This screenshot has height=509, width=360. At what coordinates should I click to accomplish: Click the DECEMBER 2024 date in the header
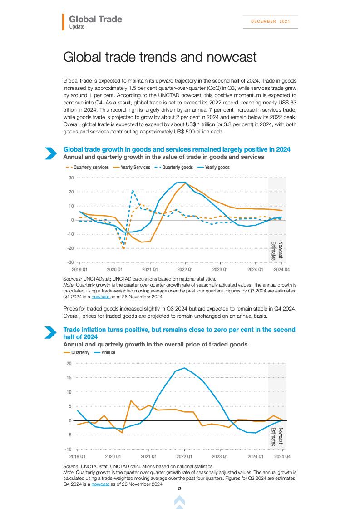(x=270, y=21)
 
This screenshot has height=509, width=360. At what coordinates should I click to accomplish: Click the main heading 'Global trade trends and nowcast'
(x=160, y=57)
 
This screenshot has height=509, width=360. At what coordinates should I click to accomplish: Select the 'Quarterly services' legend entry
(x=88, y=168)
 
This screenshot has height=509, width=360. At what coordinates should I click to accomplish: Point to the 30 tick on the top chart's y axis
(x=71, y=178)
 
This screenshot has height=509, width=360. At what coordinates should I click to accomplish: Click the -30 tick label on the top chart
(x=70, y=262)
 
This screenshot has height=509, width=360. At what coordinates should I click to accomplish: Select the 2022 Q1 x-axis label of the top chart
(x=185, y=269)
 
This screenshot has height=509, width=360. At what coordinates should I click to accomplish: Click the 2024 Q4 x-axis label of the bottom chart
(x=282, y=456)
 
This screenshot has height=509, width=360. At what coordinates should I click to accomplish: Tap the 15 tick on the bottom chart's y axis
(x=69, y=378)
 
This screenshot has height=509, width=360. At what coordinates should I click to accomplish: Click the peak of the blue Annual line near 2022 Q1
(x=184, y=368)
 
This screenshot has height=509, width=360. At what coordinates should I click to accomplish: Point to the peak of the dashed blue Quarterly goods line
(x=133, y=190)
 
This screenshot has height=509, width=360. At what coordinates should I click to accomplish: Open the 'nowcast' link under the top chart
(x=100, y=297)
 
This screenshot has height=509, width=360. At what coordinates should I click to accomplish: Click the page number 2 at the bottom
(x=179, y=489)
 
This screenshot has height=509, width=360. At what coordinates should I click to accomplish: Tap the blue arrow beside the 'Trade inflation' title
(x=50, y=332)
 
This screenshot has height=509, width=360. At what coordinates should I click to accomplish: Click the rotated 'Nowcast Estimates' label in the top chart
(x=277, y=250)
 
